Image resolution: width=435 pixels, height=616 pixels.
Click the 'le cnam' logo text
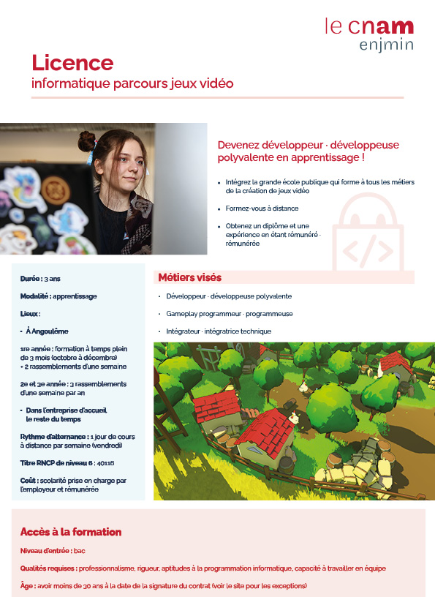pos(369,27)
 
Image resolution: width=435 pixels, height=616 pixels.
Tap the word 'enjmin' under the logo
pos(386,45)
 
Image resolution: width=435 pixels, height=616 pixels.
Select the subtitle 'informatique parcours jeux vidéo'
pos(132,83)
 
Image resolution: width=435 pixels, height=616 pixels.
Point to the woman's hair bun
pos(88,141)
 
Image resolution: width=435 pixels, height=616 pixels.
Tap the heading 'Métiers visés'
pos(190,278)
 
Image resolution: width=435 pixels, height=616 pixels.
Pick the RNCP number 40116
pos(106,463)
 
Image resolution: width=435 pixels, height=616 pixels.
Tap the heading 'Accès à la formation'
pos(71,532)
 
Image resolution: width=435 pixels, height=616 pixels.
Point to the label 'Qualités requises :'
pos(48,568)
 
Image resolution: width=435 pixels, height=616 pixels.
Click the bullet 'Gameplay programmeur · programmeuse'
pos(230,314)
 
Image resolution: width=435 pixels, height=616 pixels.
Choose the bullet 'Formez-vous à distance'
pos(262,209)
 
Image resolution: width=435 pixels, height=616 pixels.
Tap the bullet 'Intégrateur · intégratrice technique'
pos(219,331)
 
